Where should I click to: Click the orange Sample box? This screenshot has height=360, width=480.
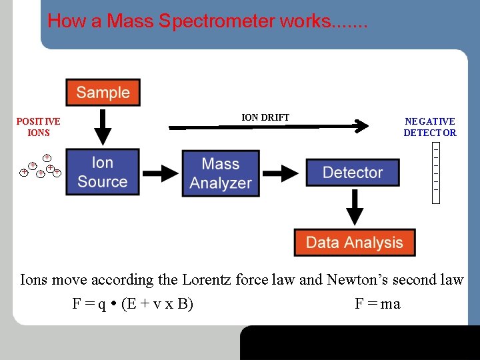point(103,93)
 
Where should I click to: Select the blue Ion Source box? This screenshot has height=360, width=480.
point(103,172)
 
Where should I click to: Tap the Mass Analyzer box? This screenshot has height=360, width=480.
point(220,173)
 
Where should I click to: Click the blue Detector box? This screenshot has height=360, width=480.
point(353,173)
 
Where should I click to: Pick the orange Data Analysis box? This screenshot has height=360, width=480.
point(354,243)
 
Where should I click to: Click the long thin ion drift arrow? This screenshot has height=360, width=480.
point(267,125)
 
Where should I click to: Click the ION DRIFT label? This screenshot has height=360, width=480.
point(265,117)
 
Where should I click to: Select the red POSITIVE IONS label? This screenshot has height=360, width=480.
point(38,127)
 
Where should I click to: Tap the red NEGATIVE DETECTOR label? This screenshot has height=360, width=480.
point(430,127)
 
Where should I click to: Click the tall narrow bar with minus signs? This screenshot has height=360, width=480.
point(436,172)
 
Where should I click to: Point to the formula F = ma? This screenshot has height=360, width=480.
point(377,304)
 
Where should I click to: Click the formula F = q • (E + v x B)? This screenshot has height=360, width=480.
point(133,304)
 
